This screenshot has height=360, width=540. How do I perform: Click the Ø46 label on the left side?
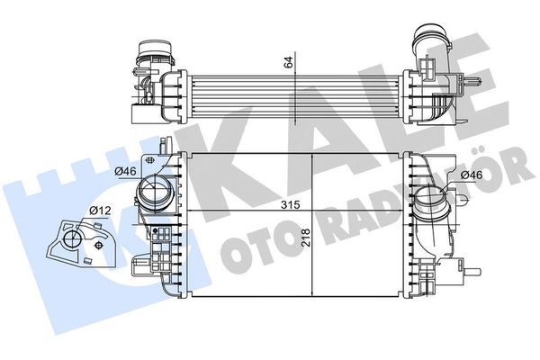124,170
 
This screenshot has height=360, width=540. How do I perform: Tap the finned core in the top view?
288,85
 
